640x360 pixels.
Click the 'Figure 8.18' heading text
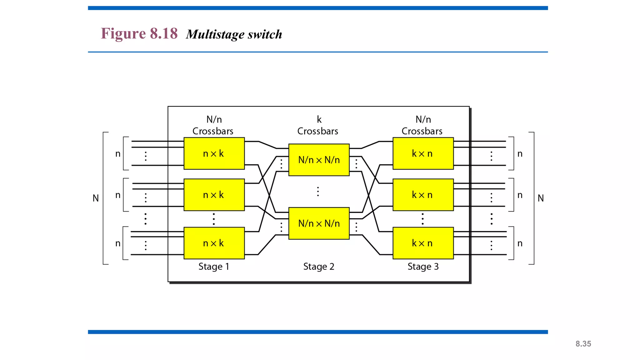point(139,33)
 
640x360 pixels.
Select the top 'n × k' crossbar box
point(214,153)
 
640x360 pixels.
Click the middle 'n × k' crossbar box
point(214,195)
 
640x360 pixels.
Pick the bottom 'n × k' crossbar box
point(214,243)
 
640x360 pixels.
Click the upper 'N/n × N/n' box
point(319,160)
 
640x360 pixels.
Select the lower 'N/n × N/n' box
point(319,223)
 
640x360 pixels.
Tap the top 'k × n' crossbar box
point(423,153)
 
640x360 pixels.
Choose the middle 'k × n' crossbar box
point(423,195)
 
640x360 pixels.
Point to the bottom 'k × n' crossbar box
point(423,243)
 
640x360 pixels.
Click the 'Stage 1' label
point(214,267)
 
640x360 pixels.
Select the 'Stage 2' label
point(319,267)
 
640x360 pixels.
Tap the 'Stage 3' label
point(423,267)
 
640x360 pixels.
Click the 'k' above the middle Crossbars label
point(319,119)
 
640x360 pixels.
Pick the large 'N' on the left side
point(96,198)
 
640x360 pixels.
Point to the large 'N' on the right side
point(541,198)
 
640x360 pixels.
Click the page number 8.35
point(583,344)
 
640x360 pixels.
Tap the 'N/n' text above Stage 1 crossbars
point(214,119)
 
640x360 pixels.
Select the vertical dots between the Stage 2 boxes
point(318,192)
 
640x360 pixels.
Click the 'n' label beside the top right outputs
point(520,154)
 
